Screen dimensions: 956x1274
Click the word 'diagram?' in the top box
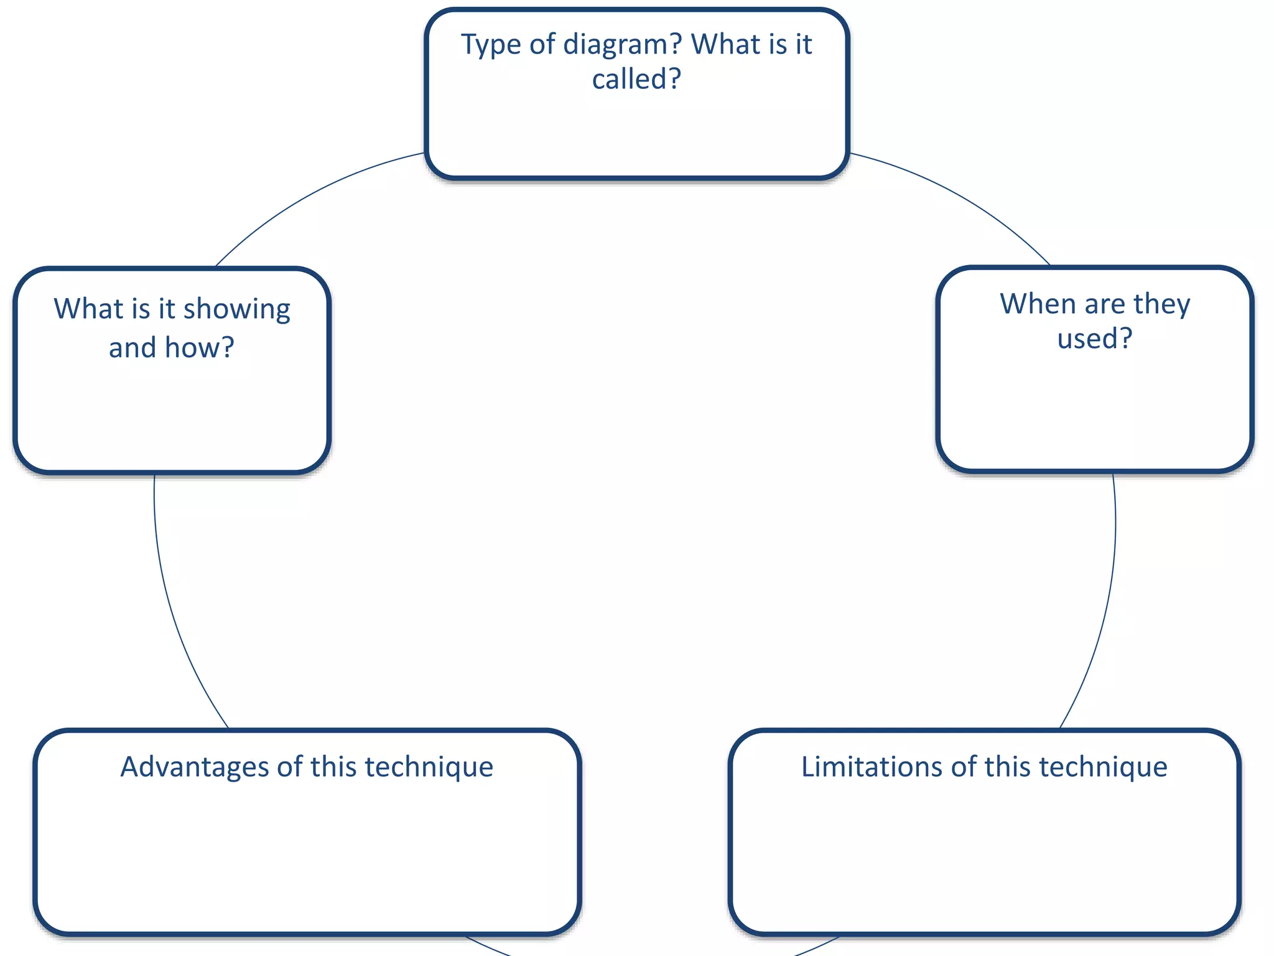(x=623, y=45)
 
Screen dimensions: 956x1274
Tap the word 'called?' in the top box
(x=636, y=80)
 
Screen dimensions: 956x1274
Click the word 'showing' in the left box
(x=236, y=310)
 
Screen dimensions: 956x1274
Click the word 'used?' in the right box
(x=1095, y=339)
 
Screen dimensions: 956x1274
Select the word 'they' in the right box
(x=1161, y=304)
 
